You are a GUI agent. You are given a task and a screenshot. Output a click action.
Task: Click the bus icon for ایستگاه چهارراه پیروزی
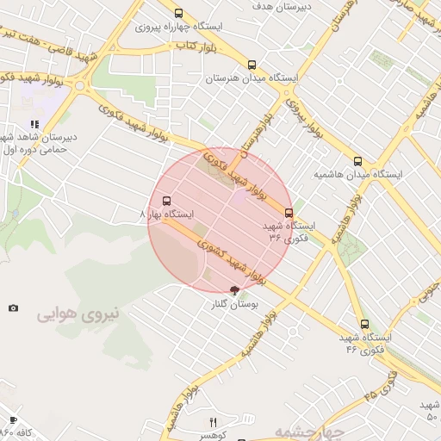pyautogui.click(x=178, y=13)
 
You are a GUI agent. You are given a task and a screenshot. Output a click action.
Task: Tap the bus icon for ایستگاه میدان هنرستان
pyautogui.click(x=252, y=65)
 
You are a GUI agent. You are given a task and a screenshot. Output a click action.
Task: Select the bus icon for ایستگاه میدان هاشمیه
pyautogui.click(x=357, y=161)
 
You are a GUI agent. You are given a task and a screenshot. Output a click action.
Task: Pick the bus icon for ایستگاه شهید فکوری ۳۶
pyautogui.click(x=289, y=213)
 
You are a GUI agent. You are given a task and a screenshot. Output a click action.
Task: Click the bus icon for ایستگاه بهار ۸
pyautogui.click(x=166, y=201)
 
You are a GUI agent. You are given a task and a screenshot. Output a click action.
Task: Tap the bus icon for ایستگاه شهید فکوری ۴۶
pyautogui.click(x=364, y=325)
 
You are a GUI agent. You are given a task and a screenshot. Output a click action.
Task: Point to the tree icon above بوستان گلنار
pyautogui.click(x=234, y=291)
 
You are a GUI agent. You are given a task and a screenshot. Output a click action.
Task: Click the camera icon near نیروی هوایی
pyautogui.click(x=13, y=307)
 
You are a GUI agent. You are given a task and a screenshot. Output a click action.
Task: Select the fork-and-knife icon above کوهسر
pyautogui.click(x=214, y=422)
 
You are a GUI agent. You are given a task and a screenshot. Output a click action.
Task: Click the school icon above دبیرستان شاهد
pyautogui.click(x=34, y=124)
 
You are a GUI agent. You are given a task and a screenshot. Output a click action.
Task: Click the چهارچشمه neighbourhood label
pyautogui.click(x=310, y=432)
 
